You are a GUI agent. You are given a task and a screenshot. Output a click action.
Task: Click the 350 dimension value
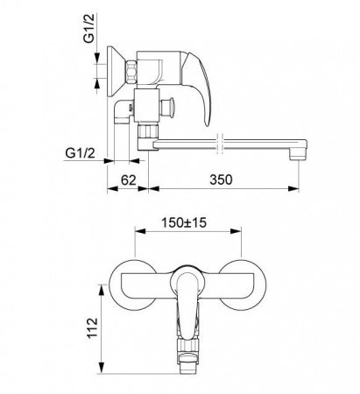pyautogui.click(x=221, y=179)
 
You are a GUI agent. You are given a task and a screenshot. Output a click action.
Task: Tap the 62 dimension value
pyautogui.click(x=129, y=180)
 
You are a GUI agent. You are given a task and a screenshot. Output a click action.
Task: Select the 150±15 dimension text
pyautogui.click(x=184, y=223)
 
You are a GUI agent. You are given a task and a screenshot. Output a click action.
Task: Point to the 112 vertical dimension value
pyautogui.click(x=93, y=327)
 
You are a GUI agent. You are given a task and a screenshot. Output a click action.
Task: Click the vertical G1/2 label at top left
pyautogui.click(x=89, y=28)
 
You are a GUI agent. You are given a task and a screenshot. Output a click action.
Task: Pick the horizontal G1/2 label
pyautogui.click(x=80, y=152)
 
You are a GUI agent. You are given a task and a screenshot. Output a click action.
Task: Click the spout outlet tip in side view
pyautogui.click(x=298, y=157)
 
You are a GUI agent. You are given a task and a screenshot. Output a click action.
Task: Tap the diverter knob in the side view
pyautogui.click(x=168, y=106)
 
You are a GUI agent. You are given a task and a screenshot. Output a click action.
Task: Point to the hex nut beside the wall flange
pyautogui.click(x=131, y=71)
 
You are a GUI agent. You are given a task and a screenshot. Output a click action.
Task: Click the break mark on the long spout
pyautogui.click(x=221, y=144)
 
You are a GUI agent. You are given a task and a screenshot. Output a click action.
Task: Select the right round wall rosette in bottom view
pyautogui.click(x=243, y=285)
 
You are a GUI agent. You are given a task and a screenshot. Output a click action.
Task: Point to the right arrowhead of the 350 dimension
pyautogui.click(x=293, y=189)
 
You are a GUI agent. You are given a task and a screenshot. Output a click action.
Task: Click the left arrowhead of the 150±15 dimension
pyautogui.click(x=140, y=231)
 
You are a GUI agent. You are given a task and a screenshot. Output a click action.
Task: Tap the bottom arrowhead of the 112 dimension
pyautogui.click(x=102, y=368)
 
